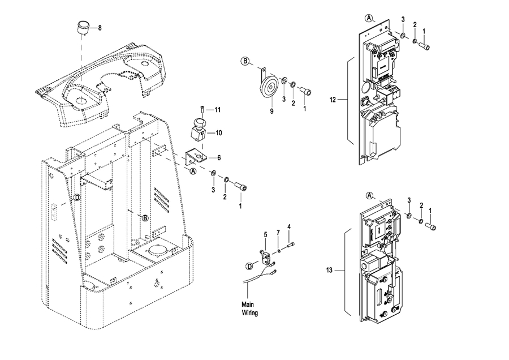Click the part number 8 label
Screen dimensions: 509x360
(100, 28)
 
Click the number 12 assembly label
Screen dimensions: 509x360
(333, 100)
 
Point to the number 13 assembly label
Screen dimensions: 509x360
(330, 270)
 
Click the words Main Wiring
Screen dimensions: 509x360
(249, 308)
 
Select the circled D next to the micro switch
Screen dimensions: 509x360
(249, 267)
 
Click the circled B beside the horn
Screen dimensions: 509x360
(246, 61)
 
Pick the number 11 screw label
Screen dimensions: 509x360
(218, 110)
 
